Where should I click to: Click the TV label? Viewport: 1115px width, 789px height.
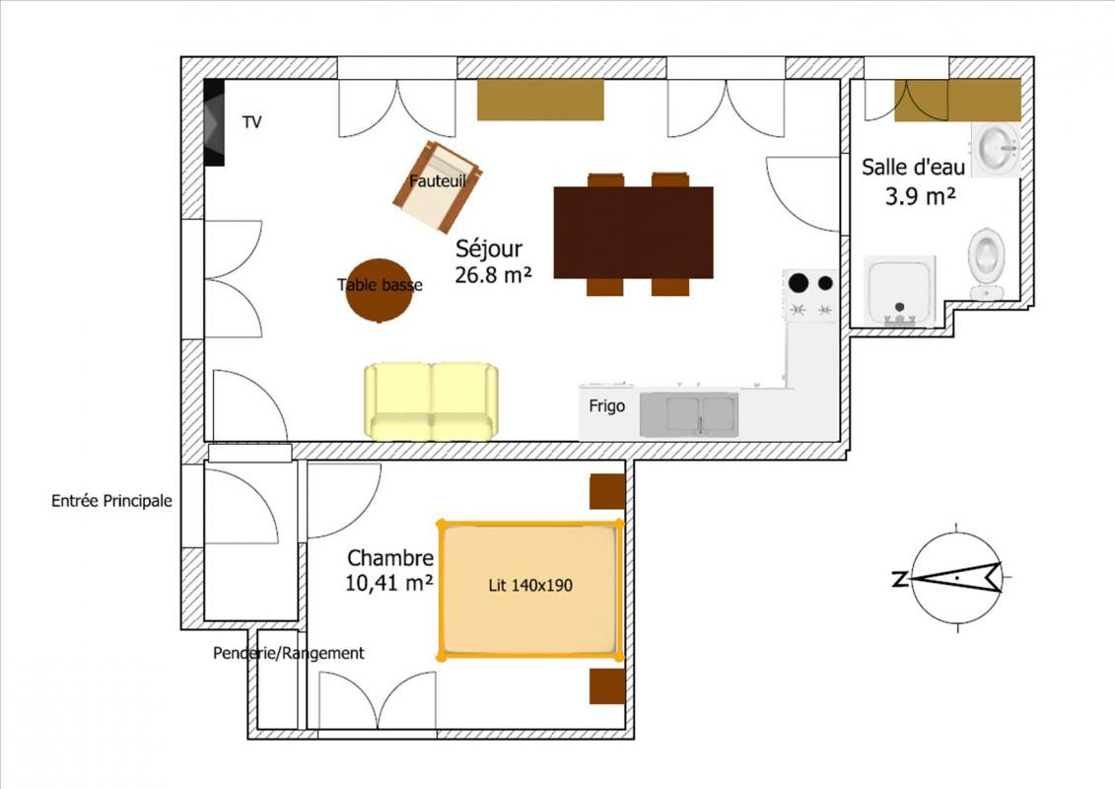click(251, 121)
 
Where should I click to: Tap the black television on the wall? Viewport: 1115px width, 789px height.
click(214, 122)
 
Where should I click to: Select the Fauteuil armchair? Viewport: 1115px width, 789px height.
click(438, 187)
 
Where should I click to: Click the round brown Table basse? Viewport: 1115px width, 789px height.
click(379, 290)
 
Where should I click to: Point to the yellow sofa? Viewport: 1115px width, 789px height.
click(431, 401)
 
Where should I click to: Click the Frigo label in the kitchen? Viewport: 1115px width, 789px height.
click(606, 406)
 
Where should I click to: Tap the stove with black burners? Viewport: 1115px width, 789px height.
click(810, 296)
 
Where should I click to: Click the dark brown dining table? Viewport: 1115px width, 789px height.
click(633, 233)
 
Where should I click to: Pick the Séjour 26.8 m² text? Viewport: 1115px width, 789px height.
click(493, 261)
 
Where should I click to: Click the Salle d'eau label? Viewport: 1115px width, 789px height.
click(913, 168)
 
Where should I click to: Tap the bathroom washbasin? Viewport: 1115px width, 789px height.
click(997, 149)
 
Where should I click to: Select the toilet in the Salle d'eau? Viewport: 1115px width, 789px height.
click(986, 263)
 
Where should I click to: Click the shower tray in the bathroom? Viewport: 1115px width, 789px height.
click(899, 291)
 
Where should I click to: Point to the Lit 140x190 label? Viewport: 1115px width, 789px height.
click(530, 586)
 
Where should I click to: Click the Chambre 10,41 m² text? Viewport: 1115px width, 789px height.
click(389, 571)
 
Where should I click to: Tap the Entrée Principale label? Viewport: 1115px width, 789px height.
click(111, 501)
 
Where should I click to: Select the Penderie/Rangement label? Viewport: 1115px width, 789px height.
click(289, 653)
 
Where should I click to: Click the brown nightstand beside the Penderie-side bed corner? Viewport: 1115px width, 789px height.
click(607, 686)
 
